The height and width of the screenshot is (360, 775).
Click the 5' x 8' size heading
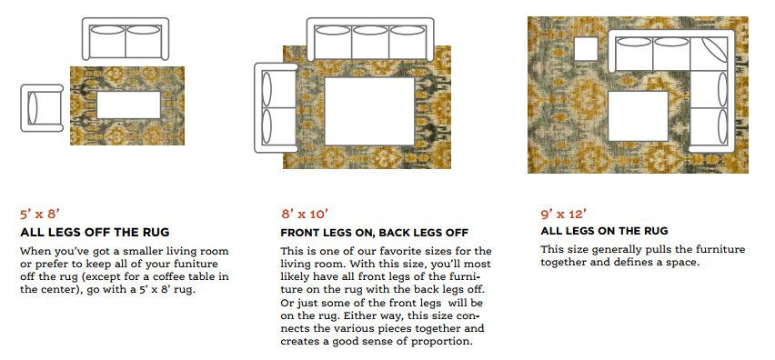[x=39, y=215]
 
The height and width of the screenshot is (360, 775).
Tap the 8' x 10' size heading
[x=303, y=215]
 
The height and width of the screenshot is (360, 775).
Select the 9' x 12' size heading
[x=562, y=215]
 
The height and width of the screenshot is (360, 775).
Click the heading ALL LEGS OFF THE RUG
[x=95, y=233]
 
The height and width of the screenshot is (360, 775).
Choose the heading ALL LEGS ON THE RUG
[x=604, y=232]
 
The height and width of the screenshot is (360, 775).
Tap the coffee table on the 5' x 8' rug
[x=128, y=105]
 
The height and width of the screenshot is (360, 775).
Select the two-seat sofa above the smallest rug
[x=126, y=42]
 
